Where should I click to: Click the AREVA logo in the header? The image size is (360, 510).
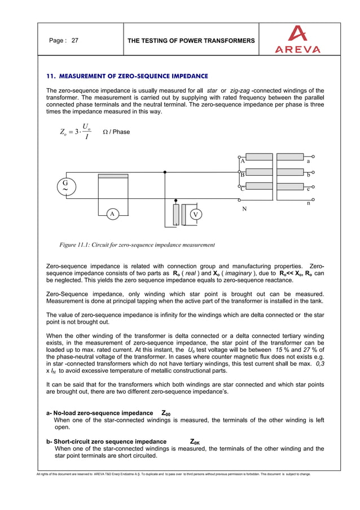coord(297,39)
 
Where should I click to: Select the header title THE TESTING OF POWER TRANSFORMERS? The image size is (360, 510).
coord(191,41)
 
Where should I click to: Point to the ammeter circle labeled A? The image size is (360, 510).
coord(112,214)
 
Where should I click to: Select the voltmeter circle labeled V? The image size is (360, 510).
coord(195,215)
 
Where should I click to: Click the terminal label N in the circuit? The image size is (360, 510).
coord(244,209)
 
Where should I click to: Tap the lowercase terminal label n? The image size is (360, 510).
coord(308,203)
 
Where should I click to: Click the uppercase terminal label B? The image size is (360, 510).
coord(242,175)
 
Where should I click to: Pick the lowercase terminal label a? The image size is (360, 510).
coord(308,161)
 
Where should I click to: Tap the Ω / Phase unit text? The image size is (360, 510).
coord(116,132)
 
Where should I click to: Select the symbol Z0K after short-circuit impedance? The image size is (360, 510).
coord(195,441)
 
